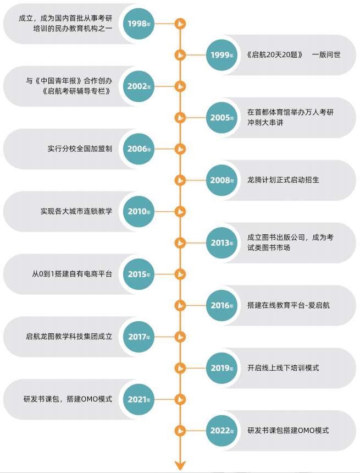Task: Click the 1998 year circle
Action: pos(139,24)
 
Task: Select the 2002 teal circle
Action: pos(139,86)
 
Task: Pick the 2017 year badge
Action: pos(139,337)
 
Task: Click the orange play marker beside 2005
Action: pos(180,117)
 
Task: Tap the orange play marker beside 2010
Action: pos(180,211)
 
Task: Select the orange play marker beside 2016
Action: pos(180,305)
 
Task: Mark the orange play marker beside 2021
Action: pos(180,399)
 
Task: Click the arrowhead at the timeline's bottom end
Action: pos(180,466)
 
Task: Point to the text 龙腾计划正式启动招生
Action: pos(283,180)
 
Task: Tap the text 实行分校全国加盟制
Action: pos(80,148)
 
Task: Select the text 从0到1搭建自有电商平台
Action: pos(72,274)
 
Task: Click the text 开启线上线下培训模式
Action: pos(283,367)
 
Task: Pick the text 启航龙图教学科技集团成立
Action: pos(69,337)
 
